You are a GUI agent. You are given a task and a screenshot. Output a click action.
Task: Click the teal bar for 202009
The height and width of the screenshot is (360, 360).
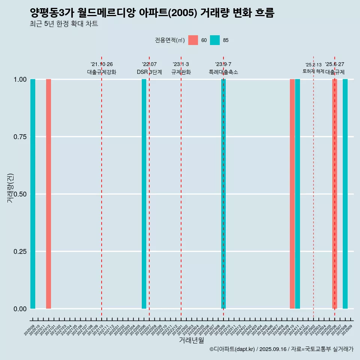33,194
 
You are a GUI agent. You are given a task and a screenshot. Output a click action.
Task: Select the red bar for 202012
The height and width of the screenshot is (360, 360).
48,194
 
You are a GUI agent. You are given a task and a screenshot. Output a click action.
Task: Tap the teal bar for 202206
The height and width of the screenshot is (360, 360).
144,194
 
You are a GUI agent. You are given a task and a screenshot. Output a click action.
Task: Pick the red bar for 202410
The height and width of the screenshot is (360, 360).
292,194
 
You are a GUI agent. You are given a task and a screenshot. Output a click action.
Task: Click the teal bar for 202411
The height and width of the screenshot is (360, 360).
297,194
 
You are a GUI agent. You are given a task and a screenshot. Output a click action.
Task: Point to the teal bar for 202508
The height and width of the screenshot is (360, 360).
345,194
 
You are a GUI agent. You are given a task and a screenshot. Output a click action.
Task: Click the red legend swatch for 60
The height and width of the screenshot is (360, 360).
193,40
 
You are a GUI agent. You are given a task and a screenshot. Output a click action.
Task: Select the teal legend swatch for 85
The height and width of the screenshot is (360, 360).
215,40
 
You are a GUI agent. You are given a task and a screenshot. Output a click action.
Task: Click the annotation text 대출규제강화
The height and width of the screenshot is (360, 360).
102,72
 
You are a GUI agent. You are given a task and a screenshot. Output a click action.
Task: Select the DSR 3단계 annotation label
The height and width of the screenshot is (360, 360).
149,72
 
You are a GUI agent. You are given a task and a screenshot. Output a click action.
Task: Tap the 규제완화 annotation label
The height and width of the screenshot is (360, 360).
181,72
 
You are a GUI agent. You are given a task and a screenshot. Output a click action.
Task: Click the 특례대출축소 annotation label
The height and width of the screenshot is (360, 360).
223,72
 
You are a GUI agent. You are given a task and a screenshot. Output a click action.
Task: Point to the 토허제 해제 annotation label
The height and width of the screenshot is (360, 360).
313,71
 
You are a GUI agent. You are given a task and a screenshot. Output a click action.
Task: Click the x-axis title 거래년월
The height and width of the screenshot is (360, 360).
192,340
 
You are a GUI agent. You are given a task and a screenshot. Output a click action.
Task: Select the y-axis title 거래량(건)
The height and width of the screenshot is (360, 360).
10,188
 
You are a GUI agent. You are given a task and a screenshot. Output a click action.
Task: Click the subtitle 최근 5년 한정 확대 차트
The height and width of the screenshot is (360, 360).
64,24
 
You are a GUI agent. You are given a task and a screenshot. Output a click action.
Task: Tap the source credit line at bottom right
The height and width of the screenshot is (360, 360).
281,349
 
